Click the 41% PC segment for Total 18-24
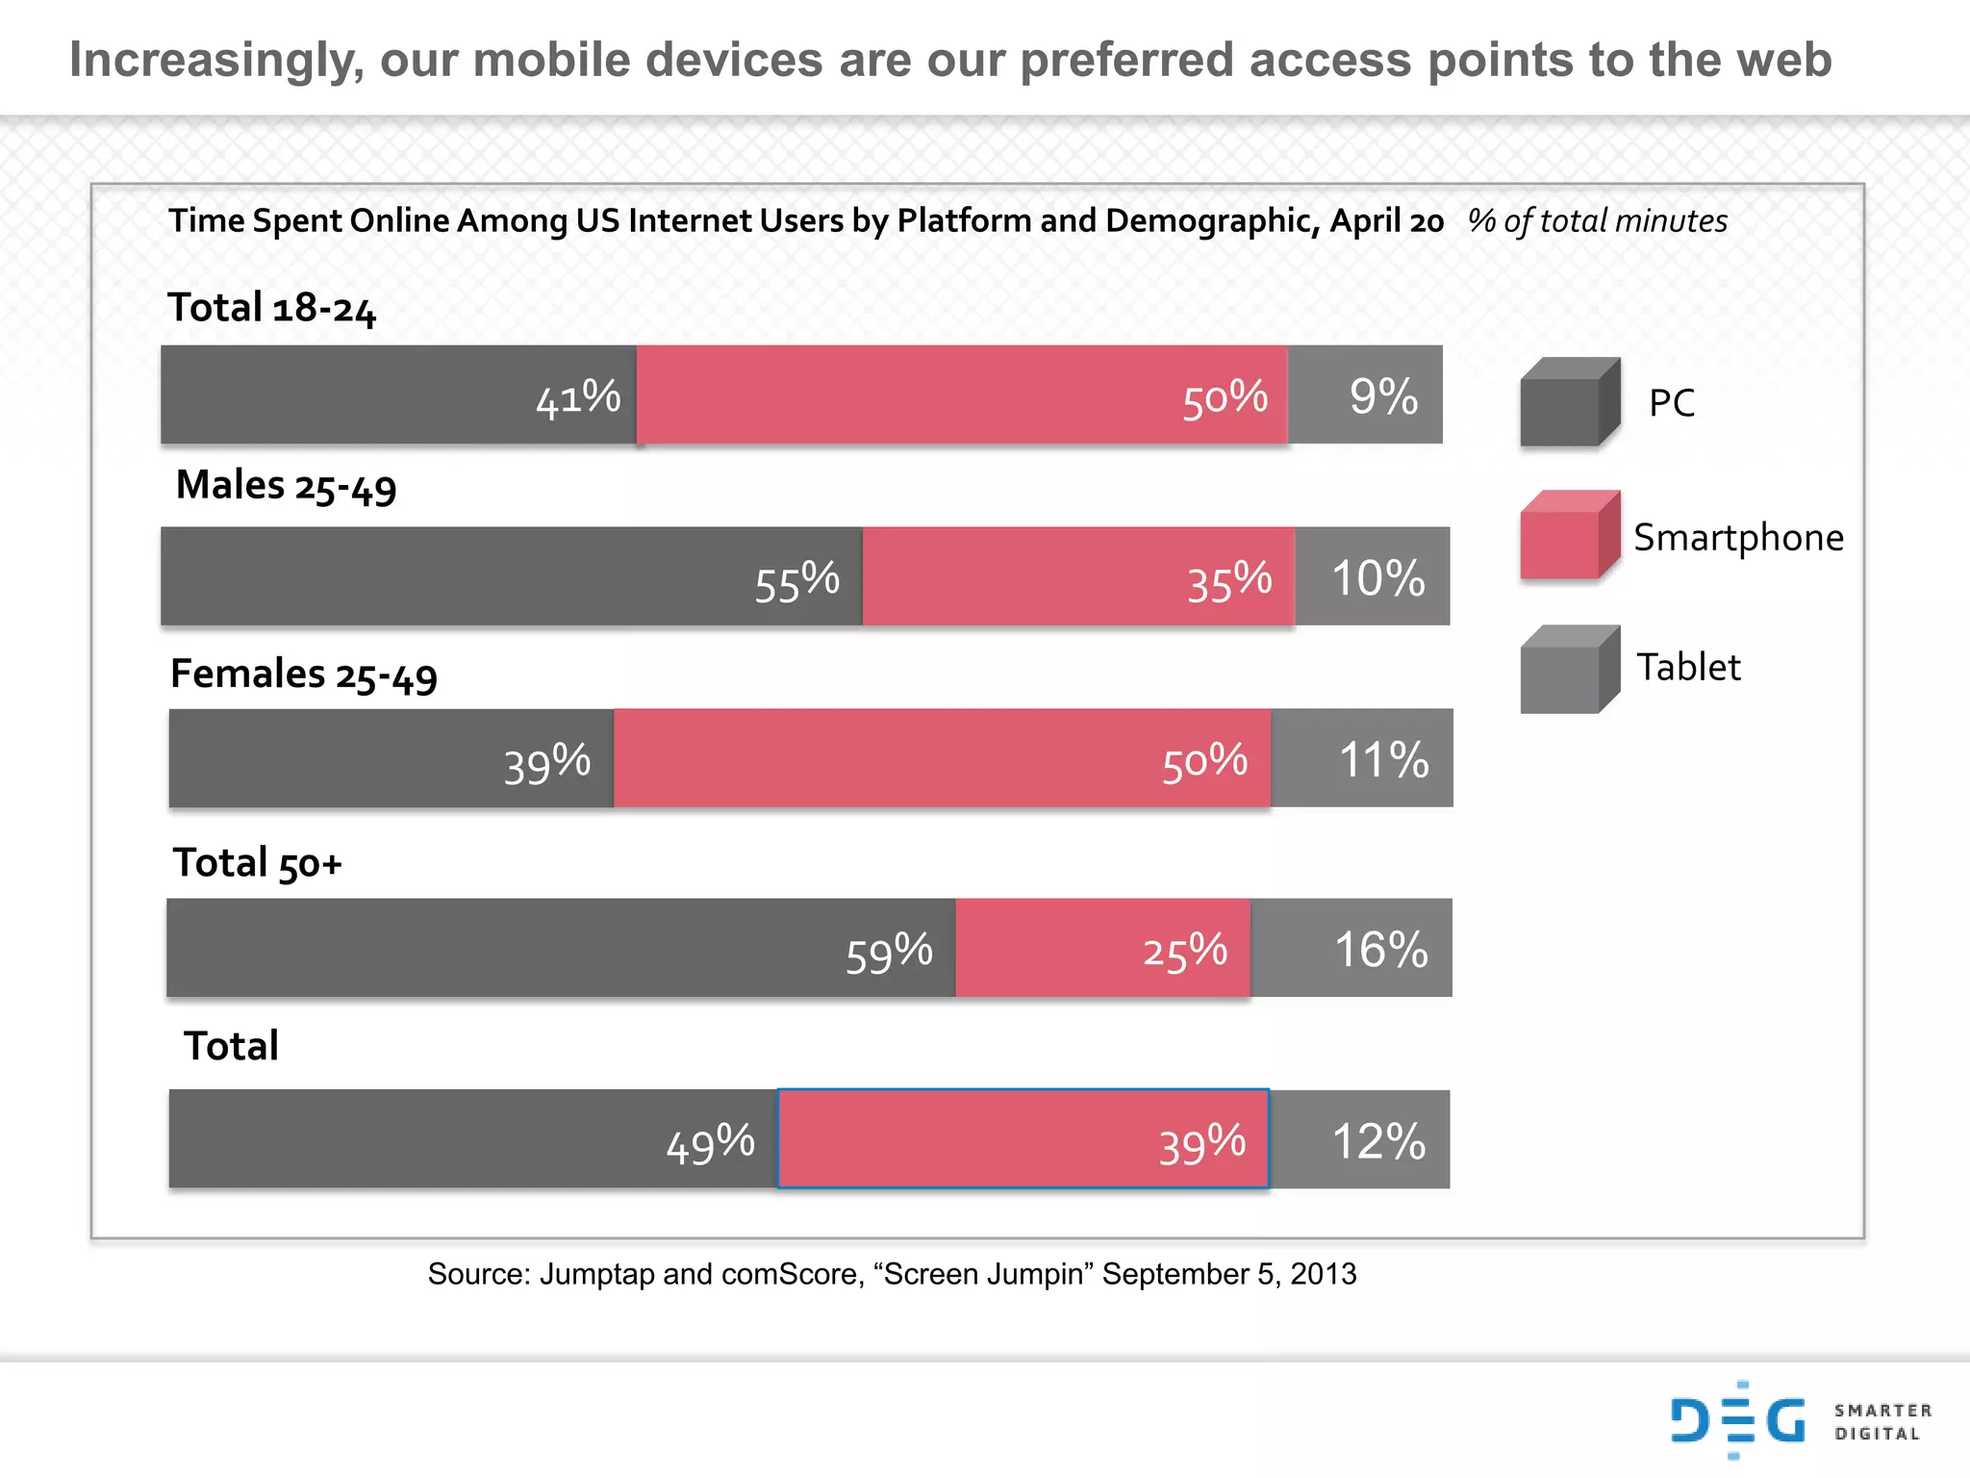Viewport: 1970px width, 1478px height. click(398, 395)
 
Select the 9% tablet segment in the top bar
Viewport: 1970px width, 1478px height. click(1365, 395)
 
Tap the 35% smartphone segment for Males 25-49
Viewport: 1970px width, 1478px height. click(1078, 576)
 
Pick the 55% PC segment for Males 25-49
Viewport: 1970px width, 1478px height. click(511, 576)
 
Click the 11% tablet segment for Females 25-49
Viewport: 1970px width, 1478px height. click(1362, 758)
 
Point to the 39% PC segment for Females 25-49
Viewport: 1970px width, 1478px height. click(391, 758)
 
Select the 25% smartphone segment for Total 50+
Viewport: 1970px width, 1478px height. click(1103, 948)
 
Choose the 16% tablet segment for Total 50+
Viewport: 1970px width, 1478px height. click(1351, 948)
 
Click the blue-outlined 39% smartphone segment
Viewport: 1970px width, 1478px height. click(1023, 1139)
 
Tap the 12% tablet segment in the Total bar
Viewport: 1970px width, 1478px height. click(1359, 1139)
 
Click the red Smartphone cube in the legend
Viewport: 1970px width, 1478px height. click(1568, 536)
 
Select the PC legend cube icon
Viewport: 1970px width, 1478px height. click(1568, 402)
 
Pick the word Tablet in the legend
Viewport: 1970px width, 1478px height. click(1688, 667)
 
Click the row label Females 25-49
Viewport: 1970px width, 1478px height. click(303, 675)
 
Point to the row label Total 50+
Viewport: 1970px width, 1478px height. click(257, 863)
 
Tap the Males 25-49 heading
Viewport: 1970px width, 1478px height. click(286, 486)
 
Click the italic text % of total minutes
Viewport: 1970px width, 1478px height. click(1597, 221)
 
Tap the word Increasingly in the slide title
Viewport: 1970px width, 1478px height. click(215, 60)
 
